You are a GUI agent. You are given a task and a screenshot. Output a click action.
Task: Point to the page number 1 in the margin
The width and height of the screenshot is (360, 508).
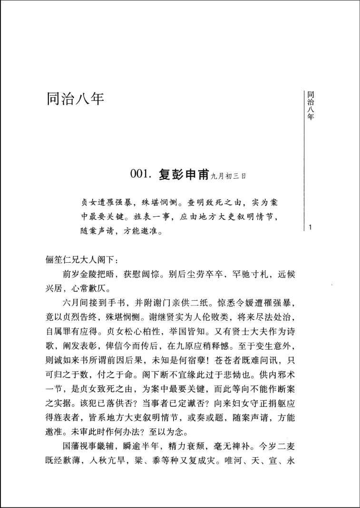pyautogui.click(x=310, y=228)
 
